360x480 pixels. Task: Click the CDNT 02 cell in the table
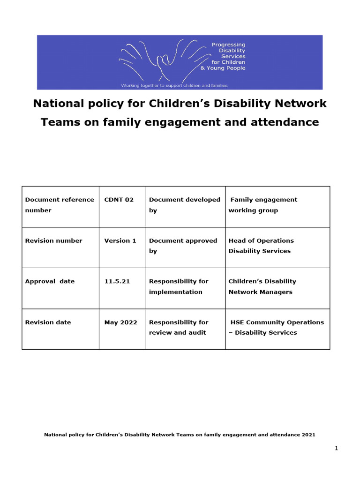pos(119,200)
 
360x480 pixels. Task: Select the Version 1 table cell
pos(120,240)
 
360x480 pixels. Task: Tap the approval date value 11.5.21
pos(117,281)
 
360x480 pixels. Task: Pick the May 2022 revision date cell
pos(120,322)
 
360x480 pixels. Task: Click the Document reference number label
pos(59,205)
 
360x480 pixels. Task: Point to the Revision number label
pos(53,240)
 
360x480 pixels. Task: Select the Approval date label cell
pos(50,281)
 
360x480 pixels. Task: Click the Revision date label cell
pos(48,322)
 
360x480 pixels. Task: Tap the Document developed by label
pos(184,205)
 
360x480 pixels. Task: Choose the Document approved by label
pos(183,246)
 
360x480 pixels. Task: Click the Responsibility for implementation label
pos(179,286)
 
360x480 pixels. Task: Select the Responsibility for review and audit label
pos(179,327)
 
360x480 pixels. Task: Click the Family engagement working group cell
pos(262,205)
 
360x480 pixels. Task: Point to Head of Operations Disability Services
pos(261,246)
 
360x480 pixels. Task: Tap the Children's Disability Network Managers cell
pos(262,286)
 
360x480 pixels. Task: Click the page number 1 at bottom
pos(336,449)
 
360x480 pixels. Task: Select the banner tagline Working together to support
pos(174,85)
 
